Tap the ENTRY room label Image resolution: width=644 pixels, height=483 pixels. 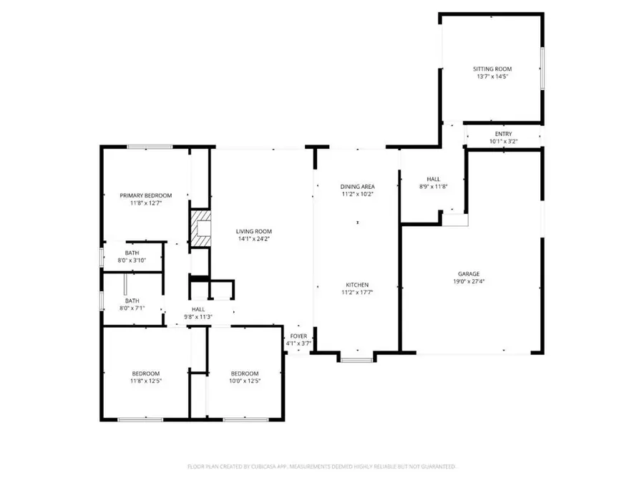(503, 135)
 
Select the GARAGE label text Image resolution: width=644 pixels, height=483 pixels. (469, 273)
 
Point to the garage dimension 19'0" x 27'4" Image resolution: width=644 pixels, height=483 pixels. (469, 281)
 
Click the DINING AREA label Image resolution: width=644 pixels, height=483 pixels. (357, 186)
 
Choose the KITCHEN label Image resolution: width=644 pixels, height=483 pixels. (357, 284)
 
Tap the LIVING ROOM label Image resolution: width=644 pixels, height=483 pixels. (254, 231)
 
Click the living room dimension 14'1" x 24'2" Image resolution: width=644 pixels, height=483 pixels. (254, 239)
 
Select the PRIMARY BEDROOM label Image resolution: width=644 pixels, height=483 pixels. (146, 195)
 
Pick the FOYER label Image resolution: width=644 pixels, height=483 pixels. (298, 336)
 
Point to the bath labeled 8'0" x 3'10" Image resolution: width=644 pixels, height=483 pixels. (132, 257)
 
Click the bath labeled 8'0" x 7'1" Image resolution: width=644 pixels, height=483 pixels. (132, 305)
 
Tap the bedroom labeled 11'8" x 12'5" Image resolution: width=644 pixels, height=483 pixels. (145, 377)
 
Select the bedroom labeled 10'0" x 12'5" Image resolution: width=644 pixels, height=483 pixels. (244, 377)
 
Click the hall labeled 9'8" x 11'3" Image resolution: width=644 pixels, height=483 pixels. (197, 313)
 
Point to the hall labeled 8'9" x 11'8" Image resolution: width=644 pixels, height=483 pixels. (434, 182)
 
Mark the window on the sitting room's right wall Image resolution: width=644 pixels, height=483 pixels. (542, 69)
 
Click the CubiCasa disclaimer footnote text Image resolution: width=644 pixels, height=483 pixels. (321, 467)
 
